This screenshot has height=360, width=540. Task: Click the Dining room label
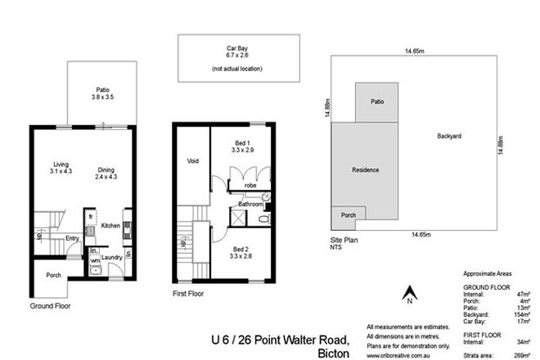coord(106,163)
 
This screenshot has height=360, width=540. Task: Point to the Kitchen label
coord(110,225)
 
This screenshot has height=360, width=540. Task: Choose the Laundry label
coord(112,256)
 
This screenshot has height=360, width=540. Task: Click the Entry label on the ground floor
coord(73,238)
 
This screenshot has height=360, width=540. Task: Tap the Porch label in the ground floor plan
coord(54,275)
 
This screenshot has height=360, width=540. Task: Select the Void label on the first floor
coord(194,160)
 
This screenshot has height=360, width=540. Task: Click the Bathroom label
coord(250,203)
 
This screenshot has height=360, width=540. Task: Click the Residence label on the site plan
coord(365,170)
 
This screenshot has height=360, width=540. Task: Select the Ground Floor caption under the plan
coord(52,306)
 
